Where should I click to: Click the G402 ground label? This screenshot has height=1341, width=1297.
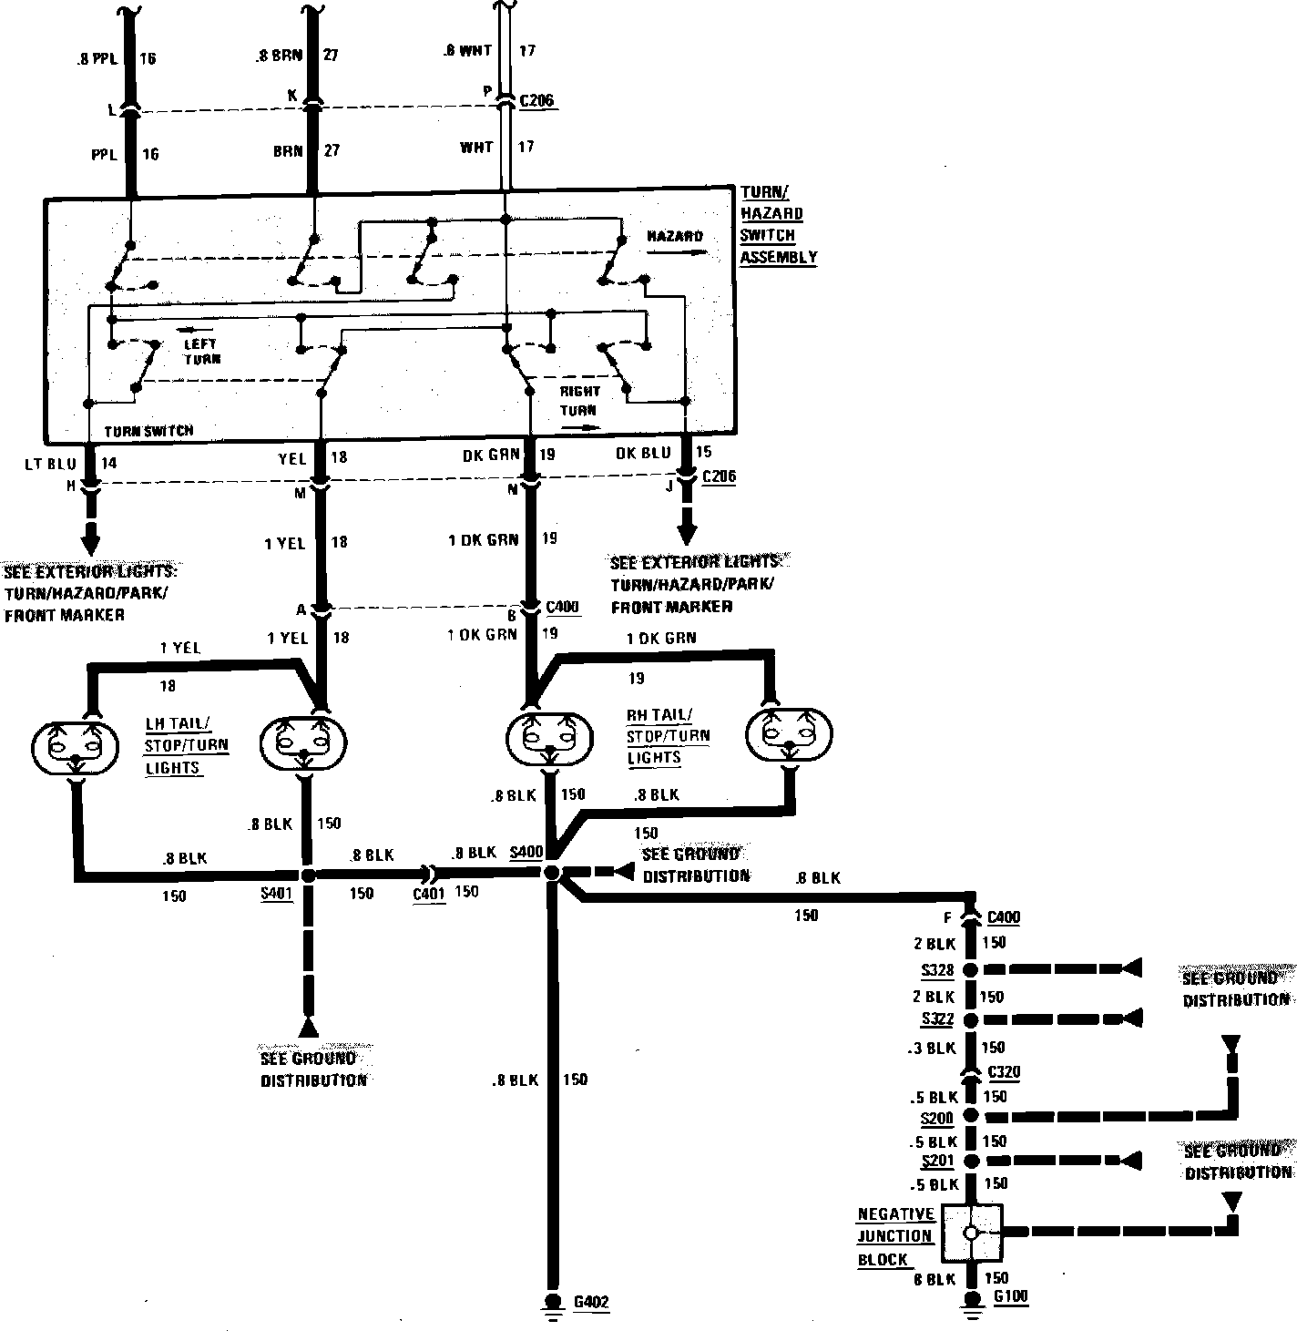pyautogui.click(x=590, y=1302)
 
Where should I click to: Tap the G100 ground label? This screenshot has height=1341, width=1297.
pyautogui.click(x=1011, y=1296)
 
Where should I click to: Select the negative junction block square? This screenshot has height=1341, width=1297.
pyautogui.click(x=971, y=1233)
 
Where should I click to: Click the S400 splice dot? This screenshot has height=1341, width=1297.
pyautogui.click(x=551, y=873)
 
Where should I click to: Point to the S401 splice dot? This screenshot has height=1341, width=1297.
pyautogui.click(x=308, y=875)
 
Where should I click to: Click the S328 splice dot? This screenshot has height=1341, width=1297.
pyautogui.click(x=971, y=969)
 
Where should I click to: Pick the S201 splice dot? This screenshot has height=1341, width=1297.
pyautogui.click(x=971, y=1162)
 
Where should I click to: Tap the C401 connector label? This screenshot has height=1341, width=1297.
pyautogui.click(x=429, y=894)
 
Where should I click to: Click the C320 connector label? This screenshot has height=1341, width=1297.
pyautogui.click(x=1003, y=1072)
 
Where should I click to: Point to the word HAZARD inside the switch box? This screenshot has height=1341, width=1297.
pyautogui.click(x=674, y=237)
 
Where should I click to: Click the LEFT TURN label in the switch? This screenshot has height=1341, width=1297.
pyautogui.click(x=200, y=352)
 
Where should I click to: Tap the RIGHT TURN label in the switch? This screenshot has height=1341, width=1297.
pyautogui.click(x=579, y=401)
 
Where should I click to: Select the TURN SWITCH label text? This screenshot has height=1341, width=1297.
pyautogui.click(x=148, y=430)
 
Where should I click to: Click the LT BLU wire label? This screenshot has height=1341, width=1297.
pyautogui.click(x=50, y=464)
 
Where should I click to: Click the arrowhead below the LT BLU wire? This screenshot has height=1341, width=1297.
pyautogui.click(x=90, y=543)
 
